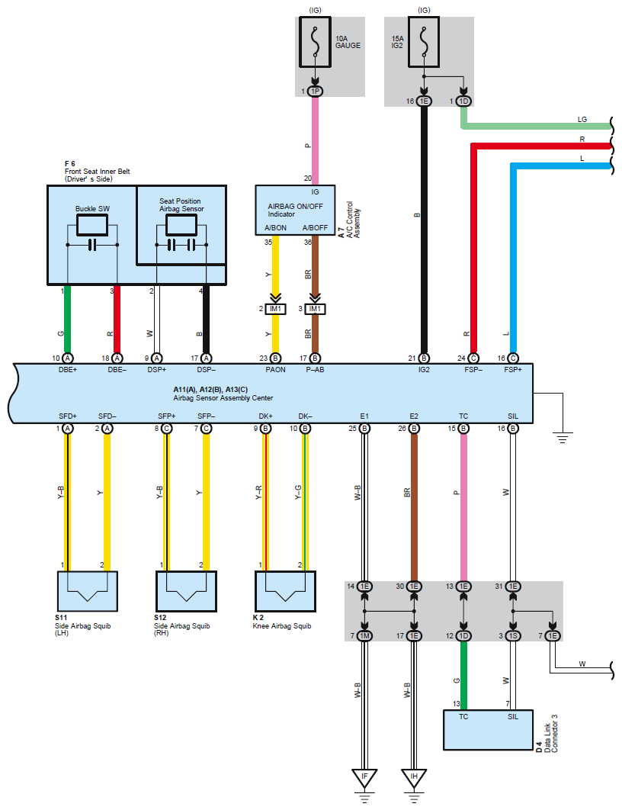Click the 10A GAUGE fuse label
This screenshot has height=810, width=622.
tap(348, 40)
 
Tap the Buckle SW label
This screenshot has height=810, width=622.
tap(91, 207)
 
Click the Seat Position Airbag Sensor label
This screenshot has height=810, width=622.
tap(181, 204)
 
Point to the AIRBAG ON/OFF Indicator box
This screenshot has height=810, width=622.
tap(294, 210)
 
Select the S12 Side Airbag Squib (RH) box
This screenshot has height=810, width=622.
tap(187, 591)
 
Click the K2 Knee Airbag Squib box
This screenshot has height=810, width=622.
tap(284, 591)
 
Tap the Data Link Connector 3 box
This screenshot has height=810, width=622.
tap(487, 730)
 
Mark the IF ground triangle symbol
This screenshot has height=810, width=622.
tap(364, 777)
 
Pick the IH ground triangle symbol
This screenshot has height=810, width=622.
tap(414, 777)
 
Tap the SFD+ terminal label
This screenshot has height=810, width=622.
tap(68, 415)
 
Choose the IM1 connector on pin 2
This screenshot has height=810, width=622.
tap(275, 309)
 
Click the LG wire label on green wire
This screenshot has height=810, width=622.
tap(582, 119)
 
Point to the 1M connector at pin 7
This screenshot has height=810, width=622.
tap(364, 635)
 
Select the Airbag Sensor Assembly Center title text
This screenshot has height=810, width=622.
tap(223, 398)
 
